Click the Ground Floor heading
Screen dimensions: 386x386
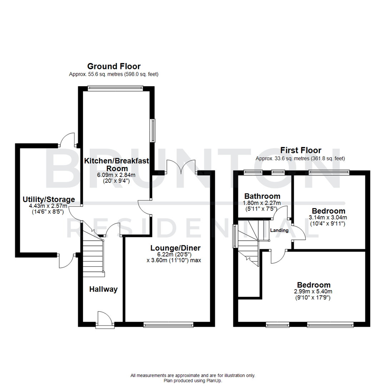coord(114,66)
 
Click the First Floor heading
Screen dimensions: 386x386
coord(301,150)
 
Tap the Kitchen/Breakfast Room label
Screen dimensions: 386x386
coord(116,165)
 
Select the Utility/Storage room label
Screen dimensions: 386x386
coord(49,199)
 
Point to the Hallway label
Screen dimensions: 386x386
coord(103,289)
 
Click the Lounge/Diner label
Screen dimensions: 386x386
coord(175,248)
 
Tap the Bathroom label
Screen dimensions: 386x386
coord(262,196)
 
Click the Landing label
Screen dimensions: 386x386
coord(279,231)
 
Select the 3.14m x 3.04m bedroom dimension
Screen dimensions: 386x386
coord(328,217)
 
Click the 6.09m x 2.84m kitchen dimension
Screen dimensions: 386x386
coord(116,175)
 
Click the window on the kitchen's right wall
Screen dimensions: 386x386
coord(153,130)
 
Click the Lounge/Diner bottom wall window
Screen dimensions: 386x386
coord(168,325)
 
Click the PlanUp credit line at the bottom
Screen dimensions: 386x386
coord(193,381)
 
